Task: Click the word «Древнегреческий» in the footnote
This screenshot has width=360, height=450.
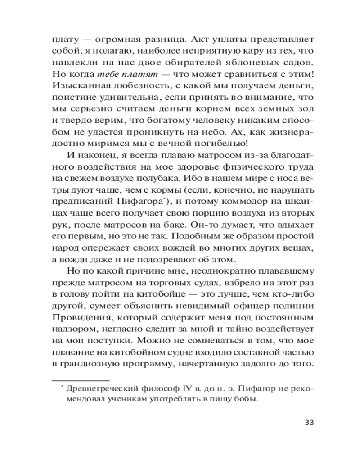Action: coord(99,388)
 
